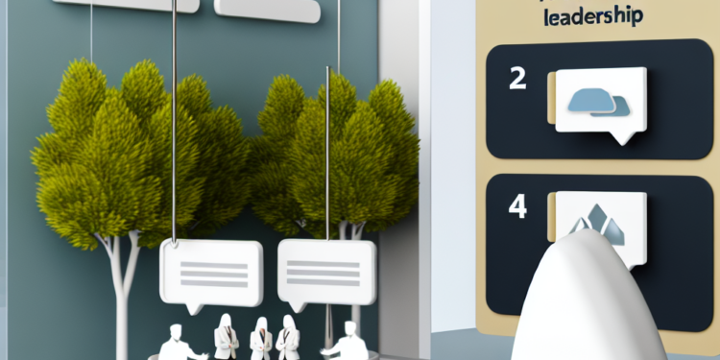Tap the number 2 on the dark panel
tap(517, 80)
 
